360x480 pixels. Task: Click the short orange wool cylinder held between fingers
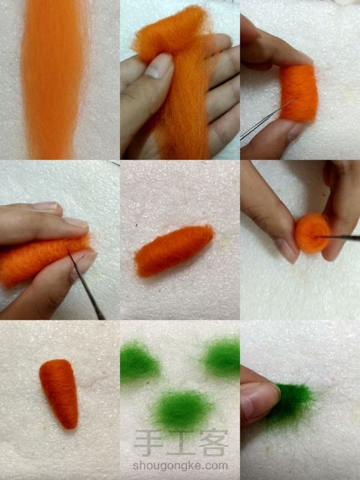coord(299,93)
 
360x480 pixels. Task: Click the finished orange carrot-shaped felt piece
coord(60,393)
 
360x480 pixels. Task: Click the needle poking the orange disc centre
coord(338,237)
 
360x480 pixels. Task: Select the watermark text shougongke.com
coord(181,466)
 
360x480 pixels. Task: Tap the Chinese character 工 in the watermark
coord(181,443)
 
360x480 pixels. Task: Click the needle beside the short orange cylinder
coord(267,119)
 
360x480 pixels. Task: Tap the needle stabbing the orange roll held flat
coord(86,285)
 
